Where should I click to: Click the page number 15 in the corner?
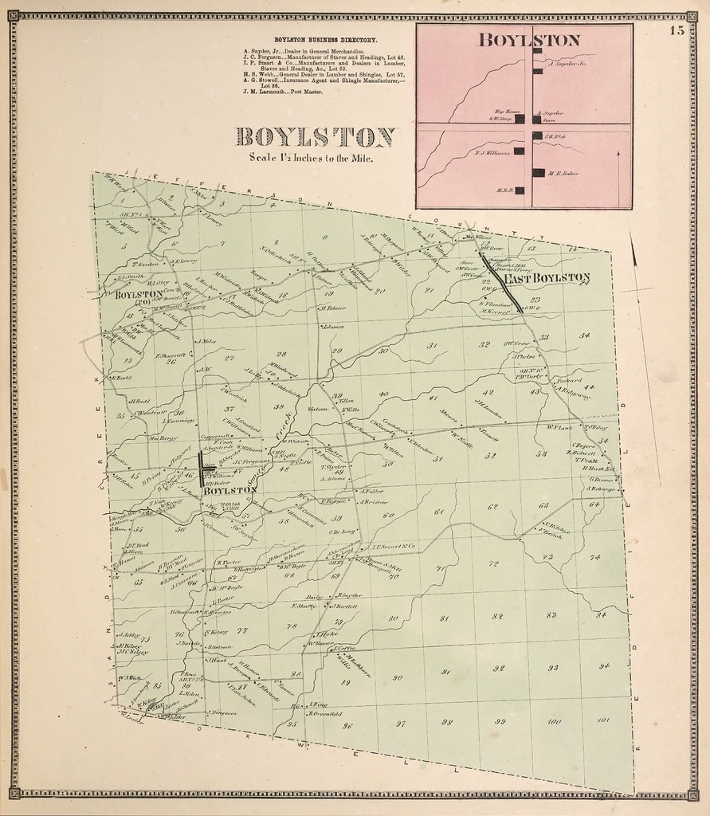[x=677, y=31]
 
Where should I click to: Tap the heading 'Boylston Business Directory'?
[x=326, y=40]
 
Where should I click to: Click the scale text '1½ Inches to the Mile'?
[x=311, y=158]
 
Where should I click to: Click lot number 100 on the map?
[x=554, y=722]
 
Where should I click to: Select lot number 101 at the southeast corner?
[x=602, y=720]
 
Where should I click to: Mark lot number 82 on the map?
[x=499, y=616]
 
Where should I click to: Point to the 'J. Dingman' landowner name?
[x=222, y=712]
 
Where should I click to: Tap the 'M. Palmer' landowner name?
[x=332, y=308]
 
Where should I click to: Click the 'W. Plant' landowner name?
[x=560, y=427]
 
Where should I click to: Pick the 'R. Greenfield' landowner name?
[x=327, y=714]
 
